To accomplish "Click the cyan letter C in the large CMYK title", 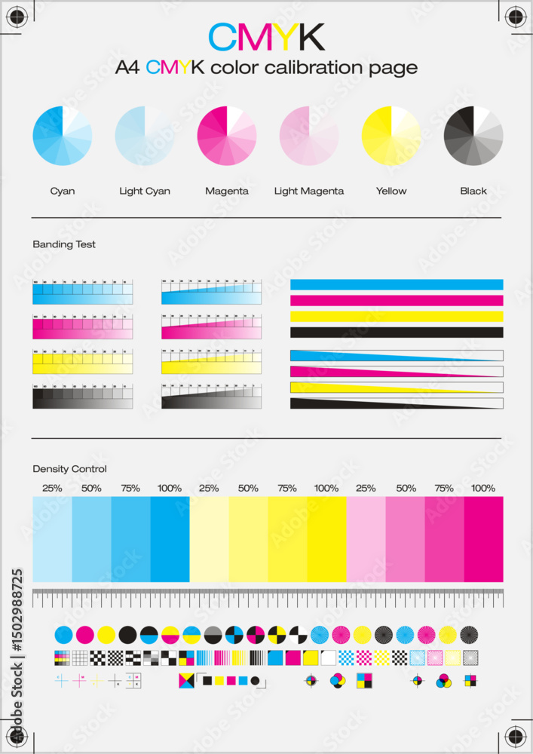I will (x=223, y=36).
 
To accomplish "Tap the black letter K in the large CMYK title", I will (x=309, y=36).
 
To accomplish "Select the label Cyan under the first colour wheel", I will (x=63, y=191).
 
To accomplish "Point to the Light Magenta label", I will (x=309, y=191).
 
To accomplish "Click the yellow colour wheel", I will (x=391, y=136).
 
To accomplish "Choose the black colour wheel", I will (x=473, y=136).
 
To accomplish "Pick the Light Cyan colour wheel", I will (x=145, y=136).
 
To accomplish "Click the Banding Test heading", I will (x=64, y=244).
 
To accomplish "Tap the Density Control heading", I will (x=69, y=469).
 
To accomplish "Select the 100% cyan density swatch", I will (x=170, y=539).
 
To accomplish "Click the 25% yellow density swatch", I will (x=209, y=539).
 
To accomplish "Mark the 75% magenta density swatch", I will (x=444, y=539).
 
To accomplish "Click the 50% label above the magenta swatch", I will (x=406, y=488).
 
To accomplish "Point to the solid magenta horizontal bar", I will (x=397, y=300).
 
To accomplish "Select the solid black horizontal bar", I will (x=397, y=332).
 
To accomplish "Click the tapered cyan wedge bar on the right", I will (x=362, y=356).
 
